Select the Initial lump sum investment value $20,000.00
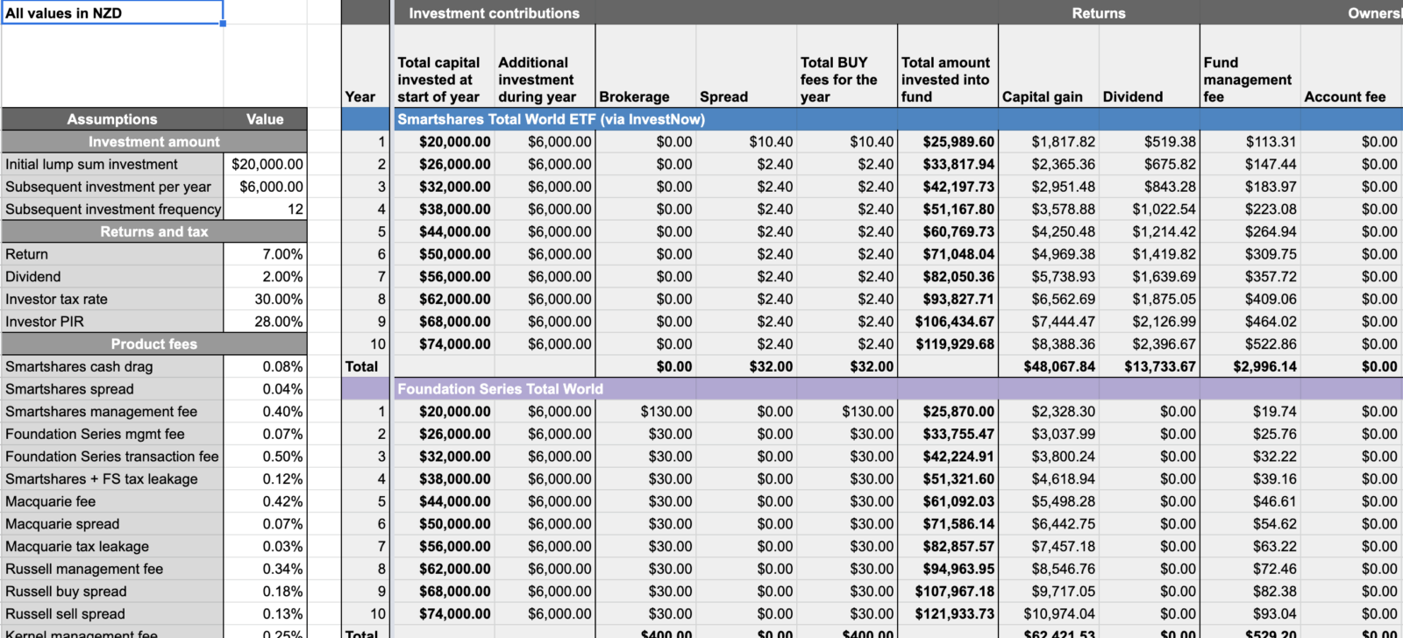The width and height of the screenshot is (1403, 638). tap(267, 164)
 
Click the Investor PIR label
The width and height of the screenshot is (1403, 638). tap(45, 322)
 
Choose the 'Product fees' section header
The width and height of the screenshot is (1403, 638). tap(154, 344)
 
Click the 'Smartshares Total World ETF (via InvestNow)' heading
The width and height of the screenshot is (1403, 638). tap(551, 119)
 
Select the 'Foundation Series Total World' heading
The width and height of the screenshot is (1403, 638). tap(500, 389)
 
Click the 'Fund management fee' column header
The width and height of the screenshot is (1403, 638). tap(1247, 80)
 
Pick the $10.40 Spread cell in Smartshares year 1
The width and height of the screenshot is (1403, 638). tap(771, 142)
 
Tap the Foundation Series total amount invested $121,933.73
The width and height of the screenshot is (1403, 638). tap(955, 613)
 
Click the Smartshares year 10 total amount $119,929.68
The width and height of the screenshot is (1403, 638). tap(955, 344)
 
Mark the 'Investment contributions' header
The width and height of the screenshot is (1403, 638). tap(494, 13)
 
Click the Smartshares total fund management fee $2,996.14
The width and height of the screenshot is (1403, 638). tap(1264, 366)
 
